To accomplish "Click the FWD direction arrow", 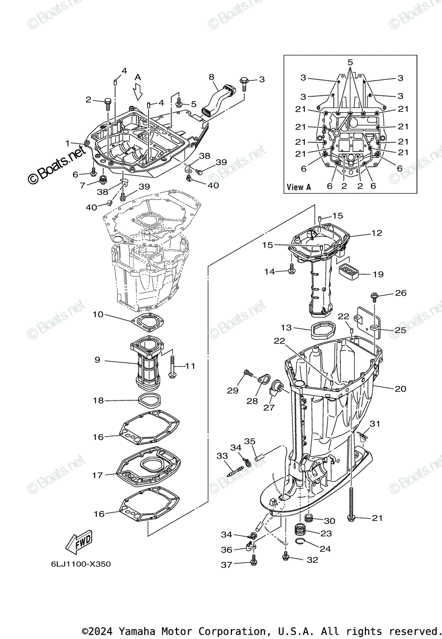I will point(79,542).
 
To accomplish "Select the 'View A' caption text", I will point(298,187).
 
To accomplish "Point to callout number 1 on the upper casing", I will point(68,143).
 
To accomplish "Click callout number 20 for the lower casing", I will point(400,389).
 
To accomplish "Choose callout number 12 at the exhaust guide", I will point(377,233).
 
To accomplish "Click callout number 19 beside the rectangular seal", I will point(378,274).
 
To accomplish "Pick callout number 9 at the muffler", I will point(97,360).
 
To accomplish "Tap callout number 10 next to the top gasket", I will point(97,314).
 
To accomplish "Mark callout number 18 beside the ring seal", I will point(98,400).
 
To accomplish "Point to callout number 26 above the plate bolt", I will point(400,293).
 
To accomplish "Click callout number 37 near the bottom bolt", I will point(227,565).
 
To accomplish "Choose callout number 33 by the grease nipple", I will point(222,456).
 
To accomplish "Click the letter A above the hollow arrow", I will point(138,77).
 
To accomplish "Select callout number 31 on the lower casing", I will point(376,424).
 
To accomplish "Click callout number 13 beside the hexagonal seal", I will point(287,327).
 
